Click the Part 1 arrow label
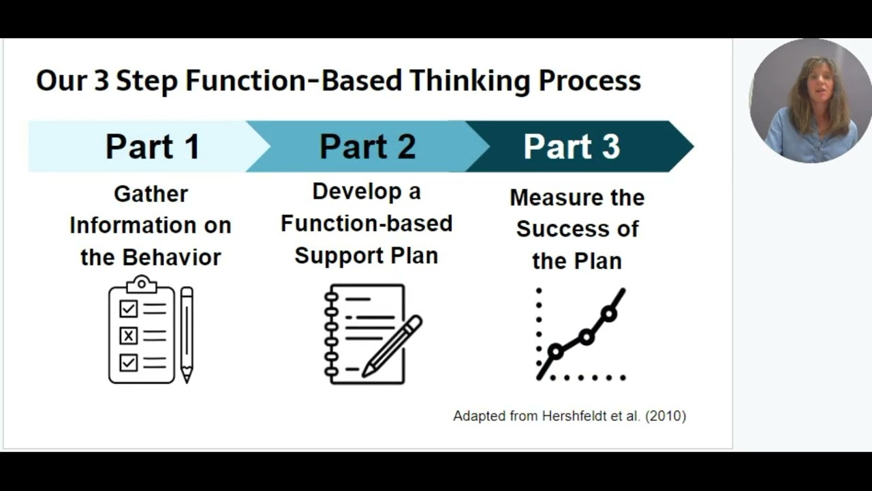(153, 147)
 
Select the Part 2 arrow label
(367, 147)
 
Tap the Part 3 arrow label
(572, 147)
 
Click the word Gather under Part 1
(151, 194)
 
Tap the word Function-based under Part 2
(367, 223)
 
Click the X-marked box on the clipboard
(128, 336)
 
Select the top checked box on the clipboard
(128, 309)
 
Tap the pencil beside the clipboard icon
(187, 334)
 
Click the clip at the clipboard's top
(142, 283)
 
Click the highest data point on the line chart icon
(608, 314)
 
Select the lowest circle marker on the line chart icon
(555, 352)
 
